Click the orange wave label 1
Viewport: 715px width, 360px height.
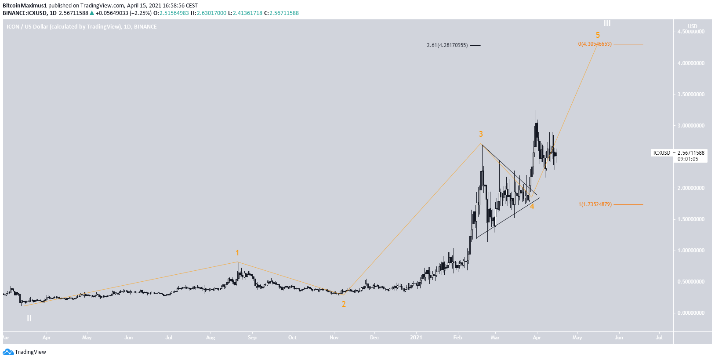(237, 253)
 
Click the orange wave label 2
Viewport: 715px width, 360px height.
(344, 304)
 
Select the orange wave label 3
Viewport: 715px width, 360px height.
(481, 134)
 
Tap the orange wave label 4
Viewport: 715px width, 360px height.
(532, 207)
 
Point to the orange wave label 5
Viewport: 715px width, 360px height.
(598, 35)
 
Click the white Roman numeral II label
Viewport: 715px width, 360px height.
(29, 318)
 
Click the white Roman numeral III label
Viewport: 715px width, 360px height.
(607, 23)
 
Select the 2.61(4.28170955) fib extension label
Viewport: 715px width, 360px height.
(447, 45)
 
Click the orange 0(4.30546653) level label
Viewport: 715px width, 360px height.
(595, 44)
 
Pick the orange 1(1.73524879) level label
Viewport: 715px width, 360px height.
(595, 204)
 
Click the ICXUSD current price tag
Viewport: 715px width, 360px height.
(661, 153)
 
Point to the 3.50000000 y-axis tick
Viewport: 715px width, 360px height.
(691, 95)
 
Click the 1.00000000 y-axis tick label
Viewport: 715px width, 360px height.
(691, 251)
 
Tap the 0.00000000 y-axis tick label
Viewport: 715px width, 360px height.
(691, 313)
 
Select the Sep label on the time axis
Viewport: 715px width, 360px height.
(252, 338)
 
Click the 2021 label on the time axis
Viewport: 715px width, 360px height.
(416, 338)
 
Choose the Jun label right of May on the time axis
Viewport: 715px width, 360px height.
(619, 338)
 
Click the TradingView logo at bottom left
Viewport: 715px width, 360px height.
(25, 352)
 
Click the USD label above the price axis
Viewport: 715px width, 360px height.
(692, 26)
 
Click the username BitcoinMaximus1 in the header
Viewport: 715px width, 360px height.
(25, 6)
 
